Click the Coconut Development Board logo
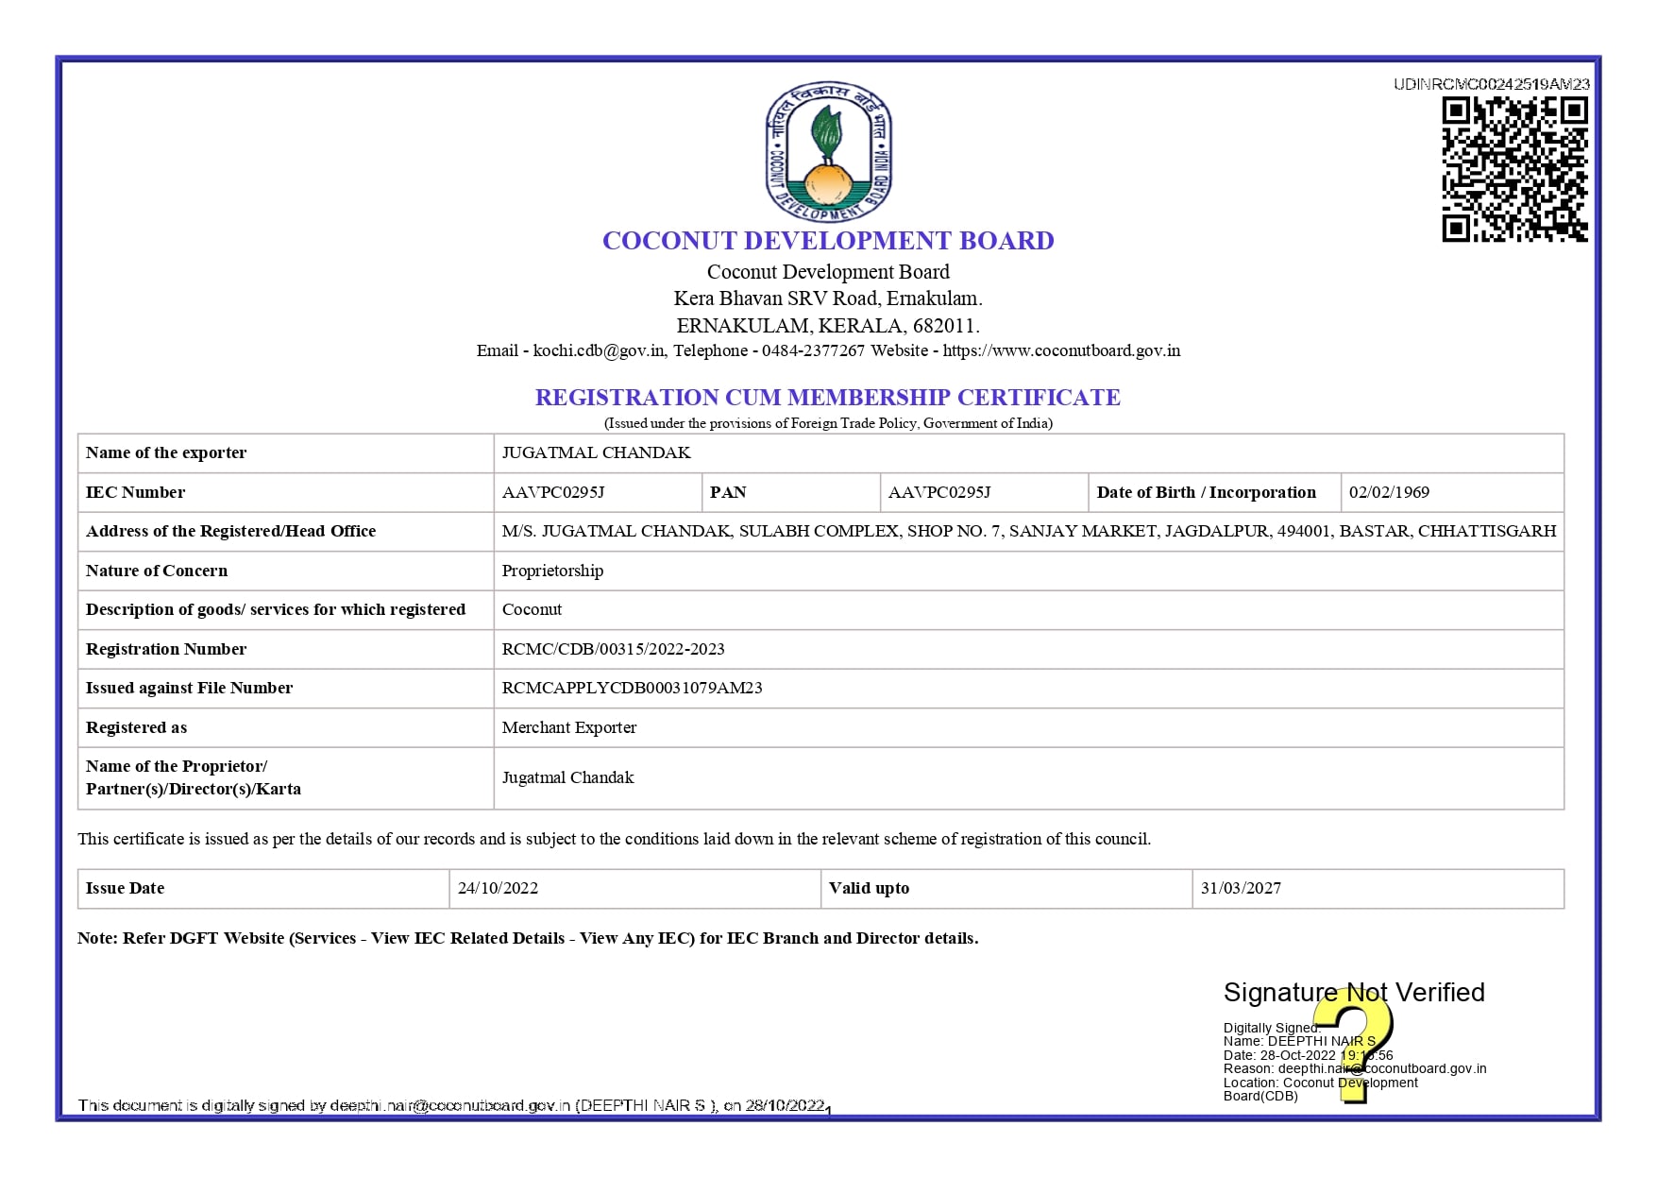tap(828, 151)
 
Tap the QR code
tap(1514, 170)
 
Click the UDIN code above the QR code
tap(1491, 84)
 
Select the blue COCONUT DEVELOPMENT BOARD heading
tap(828, 241)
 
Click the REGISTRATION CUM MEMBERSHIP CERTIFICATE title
tap(827, 398)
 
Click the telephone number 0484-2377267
tap(813, 351)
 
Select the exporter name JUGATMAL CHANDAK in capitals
tap(596, 453)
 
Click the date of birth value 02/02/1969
tap(1389, 492)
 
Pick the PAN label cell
tap(728, 492)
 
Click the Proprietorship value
tap(552, 571)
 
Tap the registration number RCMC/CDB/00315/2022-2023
tap(613, 649)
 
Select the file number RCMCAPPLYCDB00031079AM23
tap(632, 688)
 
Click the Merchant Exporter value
tap(568, 727)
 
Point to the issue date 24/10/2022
tap(498, 888)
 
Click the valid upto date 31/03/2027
tap(1241, 888)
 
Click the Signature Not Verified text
tap(1353, 992)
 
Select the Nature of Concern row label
tap(157, 571)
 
